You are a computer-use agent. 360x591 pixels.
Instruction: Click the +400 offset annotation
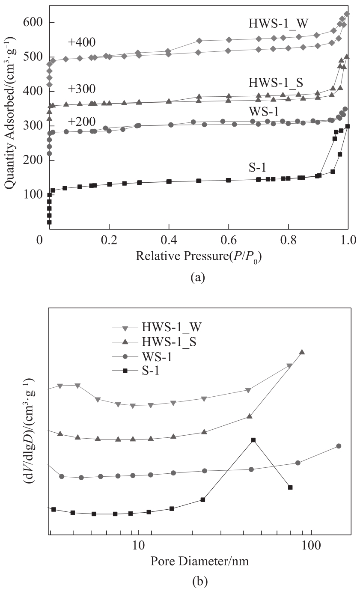(81, 42)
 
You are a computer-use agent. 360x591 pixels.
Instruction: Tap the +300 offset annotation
(81, 89)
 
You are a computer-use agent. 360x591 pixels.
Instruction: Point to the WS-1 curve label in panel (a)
(265, 111)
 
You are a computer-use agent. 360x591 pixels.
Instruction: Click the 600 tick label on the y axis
(34, 23)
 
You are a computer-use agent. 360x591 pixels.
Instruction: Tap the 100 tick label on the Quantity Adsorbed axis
(34, 195)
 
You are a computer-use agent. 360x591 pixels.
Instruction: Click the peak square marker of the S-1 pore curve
(253, 440)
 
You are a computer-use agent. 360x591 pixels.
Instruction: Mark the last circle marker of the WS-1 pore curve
(339, 446)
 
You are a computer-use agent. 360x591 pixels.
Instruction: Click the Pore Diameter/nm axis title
(199, 561)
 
